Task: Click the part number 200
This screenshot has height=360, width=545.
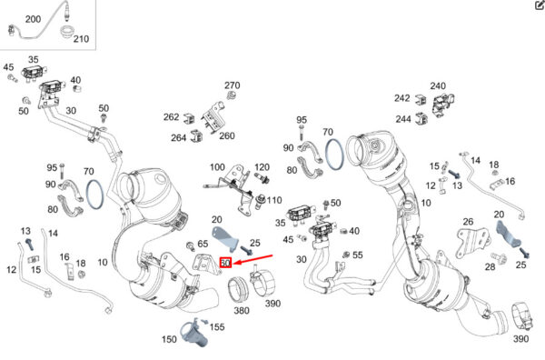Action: click(33, 19)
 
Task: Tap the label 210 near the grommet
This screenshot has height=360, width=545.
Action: click(81, 38)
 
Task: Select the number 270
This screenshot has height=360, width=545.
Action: click(233, 85)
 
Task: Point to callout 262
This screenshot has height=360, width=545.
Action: click(172, 117)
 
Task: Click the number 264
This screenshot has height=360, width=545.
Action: click(179, 138)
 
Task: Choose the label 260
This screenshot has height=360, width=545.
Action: click(227, 135)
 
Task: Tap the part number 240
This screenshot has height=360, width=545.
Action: click(438, 85)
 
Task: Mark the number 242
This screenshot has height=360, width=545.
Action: click(402, 98)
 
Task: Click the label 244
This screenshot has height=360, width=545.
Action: click(403, 119)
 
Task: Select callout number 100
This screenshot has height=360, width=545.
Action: click(217, 167)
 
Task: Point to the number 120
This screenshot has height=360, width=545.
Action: click(263, 167)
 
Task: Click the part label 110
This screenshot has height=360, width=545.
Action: click(274, 200)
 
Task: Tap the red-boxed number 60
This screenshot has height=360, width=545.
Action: click(225, 263)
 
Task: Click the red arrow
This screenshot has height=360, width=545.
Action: click(253, 260)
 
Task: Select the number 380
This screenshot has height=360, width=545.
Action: click(242, 310)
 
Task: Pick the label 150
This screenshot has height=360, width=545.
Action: click(169, 339)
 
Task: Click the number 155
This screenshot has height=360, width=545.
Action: click(217, 326)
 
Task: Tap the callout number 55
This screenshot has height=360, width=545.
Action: click(358, 255)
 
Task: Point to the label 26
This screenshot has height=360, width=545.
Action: click(468, 221)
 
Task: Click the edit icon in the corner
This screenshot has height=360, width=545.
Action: click(540, 5)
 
